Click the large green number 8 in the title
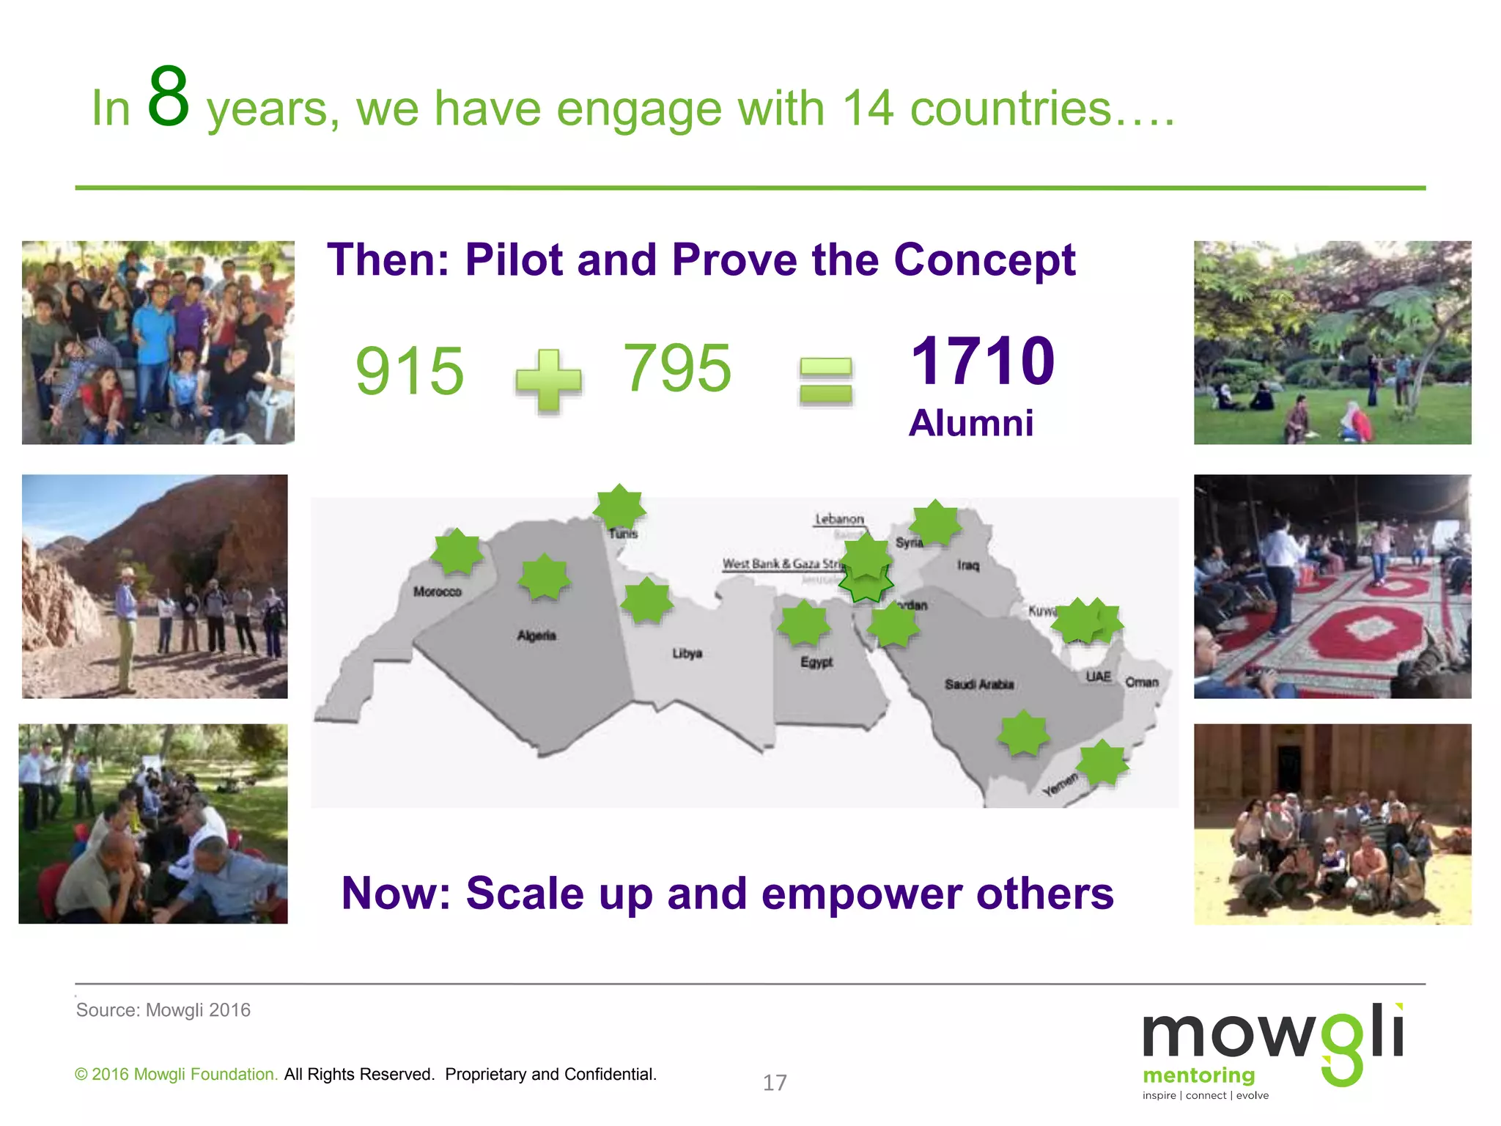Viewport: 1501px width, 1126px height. tap(169, 96)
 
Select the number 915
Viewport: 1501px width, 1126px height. tap(409, 371)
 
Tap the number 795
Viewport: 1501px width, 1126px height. tap(676, 368)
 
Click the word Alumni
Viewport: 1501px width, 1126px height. tap(971, 423)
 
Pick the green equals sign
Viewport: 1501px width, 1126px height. tap(826, 380)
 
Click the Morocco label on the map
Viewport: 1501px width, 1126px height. tap(438, 592)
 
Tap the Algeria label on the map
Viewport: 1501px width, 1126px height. tap(536, 636)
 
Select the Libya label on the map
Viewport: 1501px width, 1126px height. tap(687, 653)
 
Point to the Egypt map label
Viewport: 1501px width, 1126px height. tap(816, 662)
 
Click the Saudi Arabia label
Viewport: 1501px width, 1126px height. tap(979, 684)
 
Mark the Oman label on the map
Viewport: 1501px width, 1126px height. tap(1142, 682)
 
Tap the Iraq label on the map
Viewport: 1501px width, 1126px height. tap(967, 565)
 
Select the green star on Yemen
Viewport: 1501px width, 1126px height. tap(1102, 763)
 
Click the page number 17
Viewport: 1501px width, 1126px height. tap(775, 1083)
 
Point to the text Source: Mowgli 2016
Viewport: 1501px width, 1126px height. tap(163, 1010)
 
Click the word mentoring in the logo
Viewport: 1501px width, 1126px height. tap(1198, 1075)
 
